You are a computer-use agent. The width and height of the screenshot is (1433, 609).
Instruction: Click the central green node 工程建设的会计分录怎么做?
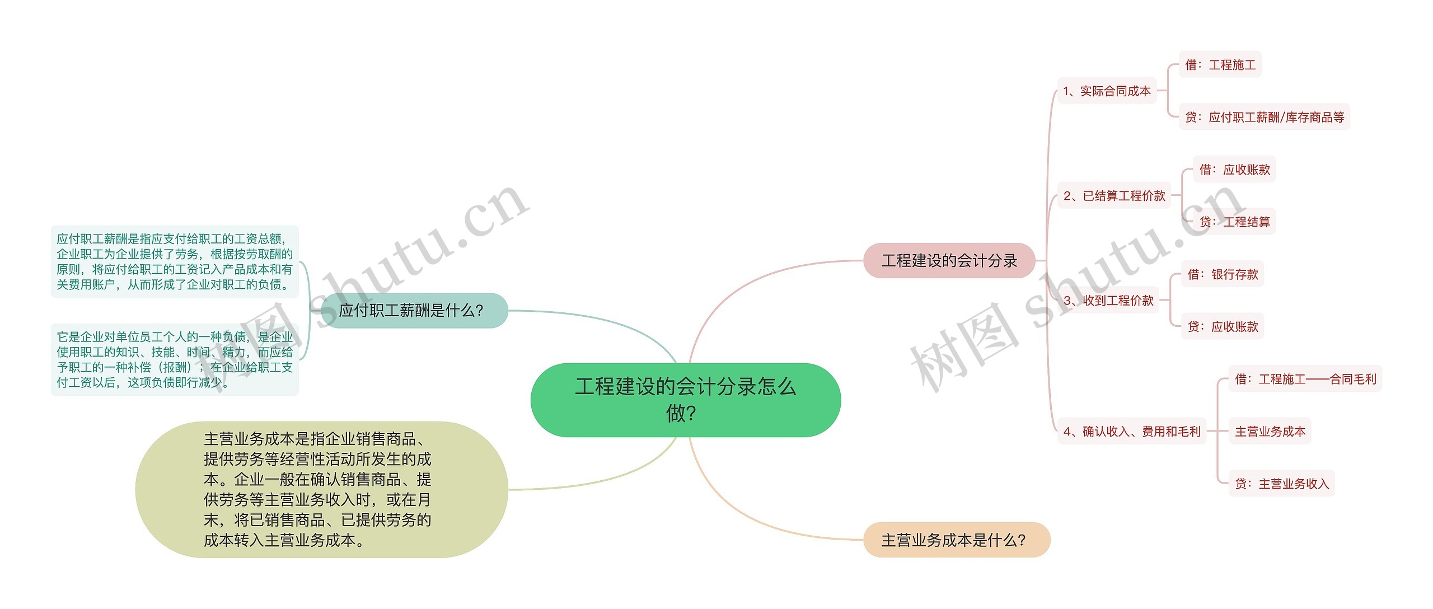pos(685,400)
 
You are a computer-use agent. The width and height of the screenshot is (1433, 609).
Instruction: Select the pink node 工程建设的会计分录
pos(949,260)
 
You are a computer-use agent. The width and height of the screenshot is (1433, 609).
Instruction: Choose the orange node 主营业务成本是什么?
pos(956,540)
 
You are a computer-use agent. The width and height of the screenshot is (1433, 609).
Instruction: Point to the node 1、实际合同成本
pos(1107,91)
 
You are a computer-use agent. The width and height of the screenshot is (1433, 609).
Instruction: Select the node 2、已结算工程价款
pos(1114,195)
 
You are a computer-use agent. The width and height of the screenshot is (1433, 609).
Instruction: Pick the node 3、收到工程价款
pos(1108,300)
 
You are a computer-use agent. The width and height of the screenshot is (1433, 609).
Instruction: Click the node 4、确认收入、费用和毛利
pos(1132,431)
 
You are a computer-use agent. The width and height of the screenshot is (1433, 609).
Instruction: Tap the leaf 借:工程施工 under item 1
pos(1220,64)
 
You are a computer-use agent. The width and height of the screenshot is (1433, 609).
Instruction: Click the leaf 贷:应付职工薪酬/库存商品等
pos(1264,117)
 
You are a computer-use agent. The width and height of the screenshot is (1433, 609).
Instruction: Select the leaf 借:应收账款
pos(1234,169)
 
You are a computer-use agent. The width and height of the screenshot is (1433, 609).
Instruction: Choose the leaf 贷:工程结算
pos(1234,222)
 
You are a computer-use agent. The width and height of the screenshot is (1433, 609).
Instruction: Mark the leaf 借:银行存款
pos(1223,274)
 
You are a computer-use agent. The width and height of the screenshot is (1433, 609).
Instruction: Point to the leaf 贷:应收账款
pos(1223,326)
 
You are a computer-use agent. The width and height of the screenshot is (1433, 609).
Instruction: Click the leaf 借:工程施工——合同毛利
pos(1305,379)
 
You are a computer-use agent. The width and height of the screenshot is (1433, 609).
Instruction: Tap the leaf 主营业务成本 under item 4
pos(1270,431)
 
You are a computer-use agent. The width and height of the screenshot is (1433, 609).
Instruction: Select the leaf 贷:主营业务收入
pos(1281,484)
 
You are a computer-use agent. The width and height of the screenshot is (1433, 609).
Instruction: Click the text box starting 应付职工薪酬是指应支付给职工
pos(175,261)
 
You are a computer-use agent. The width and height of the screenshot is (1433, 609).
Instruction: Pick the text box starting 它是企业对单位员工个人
pos(175,359)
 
